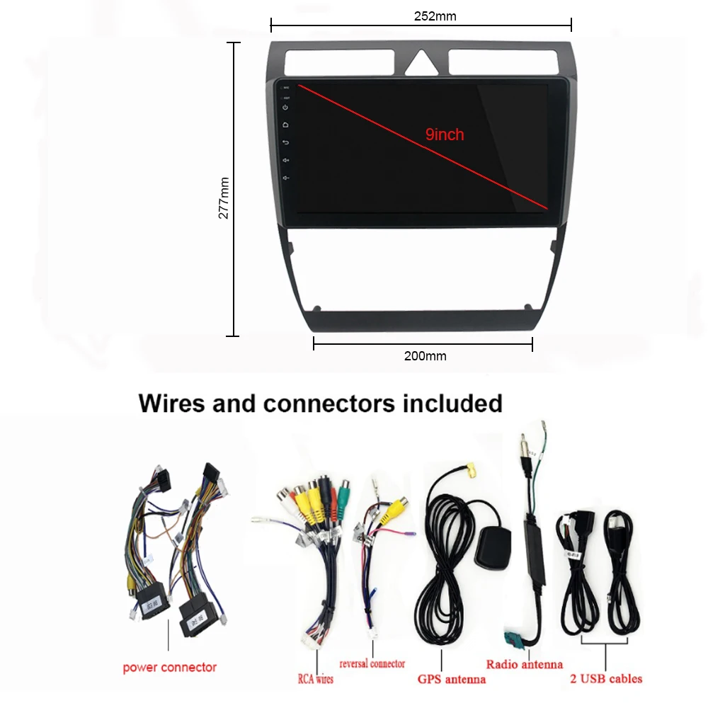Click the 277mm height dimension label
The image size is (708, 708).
point(224,198)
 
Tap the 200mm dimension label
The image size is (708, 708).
point(425,356)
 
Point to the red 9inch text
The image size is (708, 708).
point(445,134)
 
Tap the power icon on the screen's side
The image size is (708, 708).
point(285,108)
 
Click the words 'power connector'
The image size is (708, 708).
point(169,667)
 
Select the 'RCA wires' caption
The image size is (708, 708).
point(314,678)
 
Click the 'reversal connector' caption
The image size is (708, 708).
point(372,664)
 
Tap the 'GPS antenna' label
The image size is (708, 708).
point(452,679)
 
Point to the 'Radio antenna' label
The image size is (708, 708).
point(524,664)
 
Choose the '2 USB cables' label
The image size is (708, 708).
point(606,678)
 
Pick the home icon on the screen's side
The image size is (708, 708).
point(285,125)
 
